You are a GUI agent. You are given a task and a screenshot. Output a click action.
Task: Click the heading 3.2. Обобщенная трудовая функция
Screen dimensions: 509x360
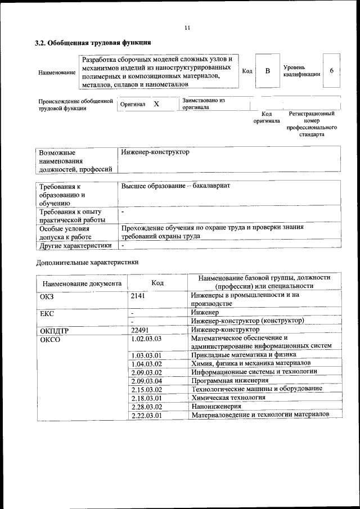pyautogui.click(x=93, y=42)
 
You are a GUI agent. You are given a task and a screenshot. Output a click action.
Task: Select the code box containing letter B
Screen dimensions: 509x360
pyautogui.click(x=268, y=71)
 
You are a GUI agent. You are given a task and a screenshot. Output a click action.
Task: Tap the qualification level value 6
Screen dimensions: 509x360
pyautogui.click(x=332, y=71)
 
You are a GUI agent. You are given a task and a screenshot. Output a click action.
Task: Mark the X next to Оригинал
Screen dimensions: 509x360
pyautogui.click(x=156, y=104)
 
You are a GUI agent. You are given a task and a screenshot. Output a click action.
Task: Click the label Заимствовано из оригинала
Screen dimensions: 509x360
pyautogui.click(x=203, y=103)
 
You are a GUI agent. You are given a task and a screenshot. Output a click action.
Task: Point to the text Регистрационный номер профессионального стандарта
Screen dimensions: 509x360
pyautogui.click(x=311, y=124)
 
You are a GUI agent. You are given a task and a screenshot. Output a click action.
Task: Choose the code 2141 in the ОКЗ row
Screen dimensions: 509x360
pyautogui.click(x=138, y=295)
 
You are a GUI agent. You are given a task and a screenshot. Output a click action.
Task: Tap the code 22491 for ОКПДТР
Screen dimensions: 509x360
pyautogui.click(x=139, y=330)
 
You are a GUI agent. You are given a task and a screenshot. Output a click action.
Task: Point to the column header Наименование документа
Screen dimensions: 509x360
pyautogui.click(x=82, y=283)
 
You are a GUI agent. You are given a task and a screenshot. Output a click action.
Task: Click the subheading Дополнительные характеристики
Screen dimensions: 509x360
pyautogui.click(x=87, y=262)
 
